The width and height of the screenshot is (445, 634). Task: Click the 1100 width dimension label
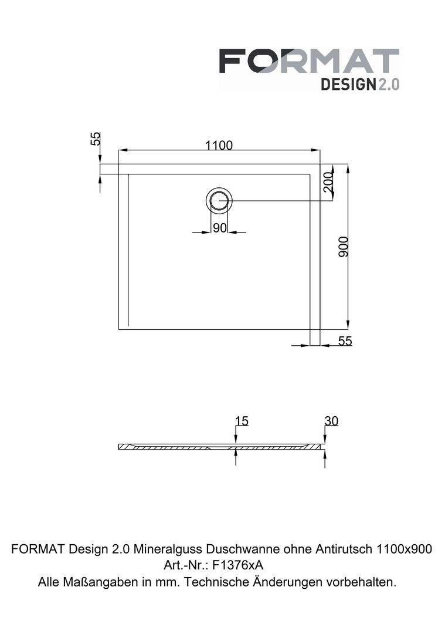[219, 145]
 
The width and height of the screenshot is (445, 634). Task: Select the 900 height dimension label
[343, 247]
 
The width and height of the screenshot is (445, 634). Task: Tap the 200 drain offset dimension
[328, 183]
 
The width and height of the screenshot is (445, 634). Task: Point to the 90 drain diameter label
[220, 228]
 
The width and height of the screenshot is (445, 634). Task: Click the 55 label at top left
[96, 139]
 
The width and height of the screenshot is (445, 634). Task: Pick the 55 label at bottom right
[345, 341]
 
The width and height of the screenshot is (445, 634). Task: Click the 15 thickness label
[242, 421]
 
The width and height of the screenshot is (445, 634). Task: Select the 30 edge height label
[331, 421]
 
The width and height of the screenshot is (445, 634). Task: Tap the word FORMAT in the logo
[309, 61]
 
